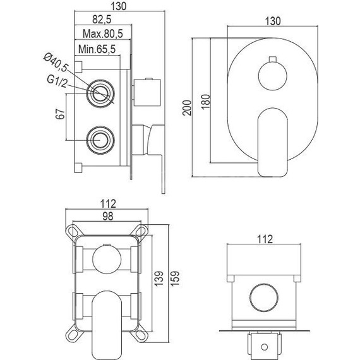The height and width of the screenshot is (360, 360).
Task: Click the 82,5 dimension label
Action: pos(102,20)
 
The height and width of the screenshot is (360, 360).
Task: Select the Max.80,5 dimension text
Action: pos(102,33)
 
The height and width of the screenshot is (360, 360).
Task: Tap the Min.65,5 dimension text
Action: pos(97,49)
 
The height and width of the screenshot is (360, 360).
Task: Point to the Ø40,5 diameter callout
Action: pos(56,62)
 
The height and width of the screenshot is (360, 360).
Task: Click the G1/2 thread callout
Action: pos(57,81)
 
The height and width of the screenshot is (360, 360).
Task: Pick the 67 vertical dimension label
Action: pos(61,114)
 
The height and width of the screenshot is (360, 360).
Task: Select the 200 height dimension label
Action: pos(187,107)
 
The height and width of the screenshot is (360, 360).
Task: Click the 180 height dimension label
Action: pos(206,102)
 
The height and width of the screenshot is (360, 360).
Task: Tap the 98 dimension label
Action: pos(107,216)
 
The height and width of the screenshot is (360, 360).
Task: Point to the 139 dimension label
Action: pos(159,279)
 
